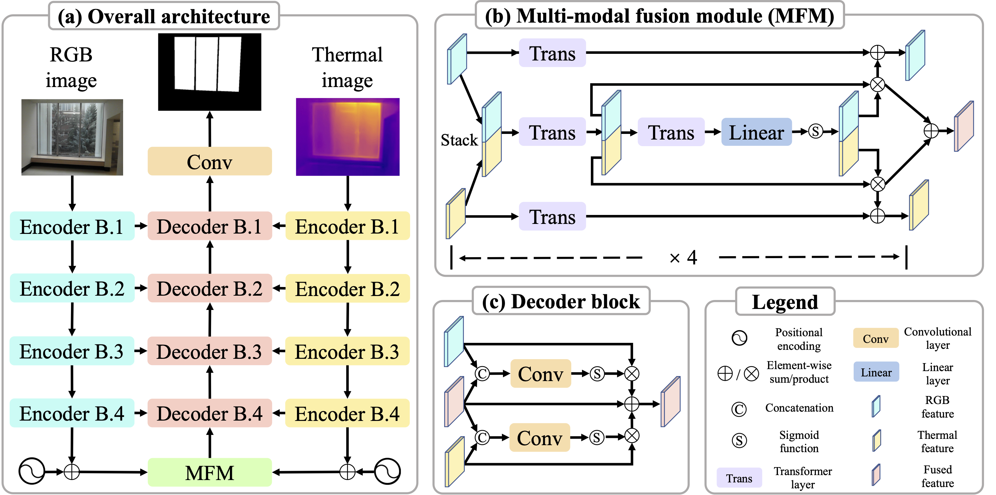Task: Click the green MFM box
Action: click(x=210, y=472)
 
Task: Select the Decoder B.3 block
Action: click(x=210, y=351)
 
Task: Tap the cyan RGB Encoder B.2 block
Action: click(x=72, y=289)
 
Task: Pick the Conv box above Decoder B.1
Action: click(x=210, y=161)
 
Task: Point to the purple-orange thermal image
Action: click(x=347, y=137)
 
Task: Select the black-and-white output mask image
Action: click(x=210, y=72)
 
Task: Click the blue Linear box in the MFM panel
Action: click(x=756, y=132)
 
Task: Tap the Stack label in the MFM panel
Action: click(x=459, y=140)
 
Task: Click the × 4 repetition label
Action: click(x=683, y=257)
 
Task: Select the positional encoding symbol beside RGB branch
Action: click(x=32, y=471)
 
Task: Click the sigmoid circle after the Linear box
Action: click(x=815, y=132)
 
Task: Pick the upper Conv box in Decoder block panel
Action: click(x=540, y=374)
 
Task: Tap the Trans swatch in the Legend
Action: click(x=739, y=478)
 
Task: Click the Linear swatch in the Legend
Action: click(x=876, y=372)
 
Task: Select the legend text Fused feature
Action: click(x=937, y=476)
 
